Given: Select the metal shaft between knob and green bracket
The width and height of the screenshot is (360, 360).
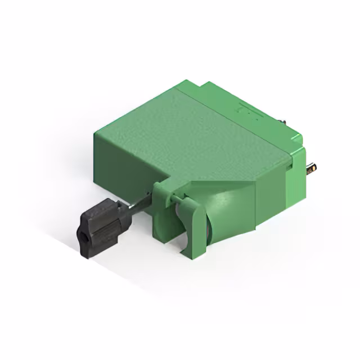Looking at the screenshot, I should pos(141,203).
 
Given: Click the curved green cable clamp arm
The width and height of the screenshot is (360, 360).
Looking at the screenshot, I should pos(194,225).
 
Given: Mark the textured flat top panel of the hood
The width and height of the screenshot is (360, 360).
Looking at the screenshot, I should pos(191,135).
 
